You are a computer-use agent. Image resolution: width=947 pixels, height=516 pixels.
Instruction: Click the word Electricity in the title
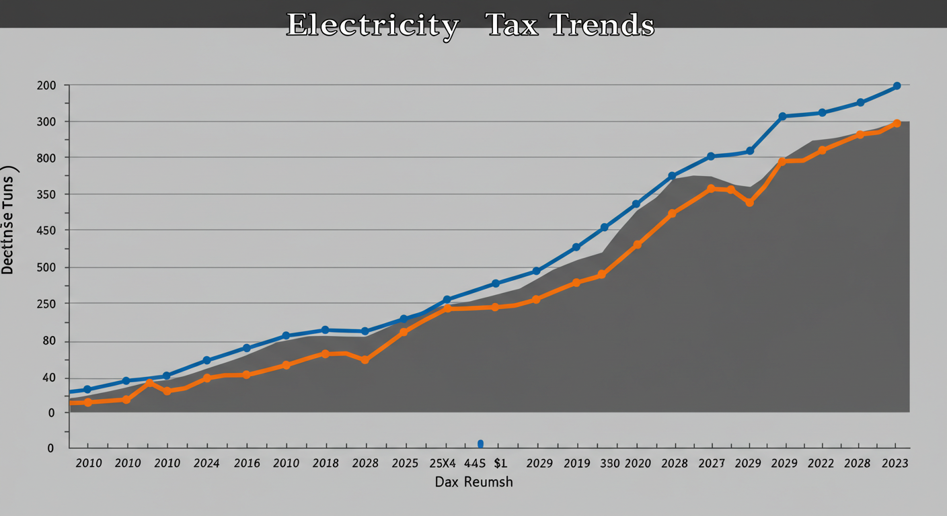tap(373, 26)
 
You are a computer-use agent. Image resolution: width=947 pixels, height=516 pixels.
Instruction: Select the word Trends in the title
tap(603, 26)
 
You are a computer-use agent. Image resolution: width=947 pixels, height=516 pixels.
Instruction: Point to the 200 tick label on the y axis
tap(47, 85)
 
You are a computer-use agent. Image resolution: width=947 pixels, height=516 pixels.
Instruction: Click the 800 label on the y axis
tap(47, 158)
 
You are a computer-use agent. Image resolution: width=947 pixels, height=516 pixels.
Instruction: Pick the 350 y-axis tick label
tap(47, 195)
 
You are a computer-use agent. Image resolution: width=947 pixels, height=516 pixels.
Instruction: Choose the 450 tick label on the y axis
tap(47, 230)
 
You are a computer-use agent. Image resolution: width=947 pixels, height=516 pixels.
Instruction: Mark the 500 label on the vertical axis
tap(47, 267)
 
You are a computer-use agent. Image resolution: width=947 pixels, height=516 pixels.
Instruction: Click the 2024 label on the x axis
tap(206, 464)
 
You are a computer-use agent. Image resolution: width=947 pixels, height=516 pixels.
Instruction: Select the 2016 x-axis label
tap(246, 464)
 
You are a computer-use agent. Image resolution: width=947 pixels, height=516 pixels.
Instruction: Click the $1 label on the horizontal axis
tap(500, 464)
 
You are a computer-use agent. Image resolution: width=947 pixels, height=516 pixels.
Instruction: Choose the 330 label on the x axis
tap(610, 464)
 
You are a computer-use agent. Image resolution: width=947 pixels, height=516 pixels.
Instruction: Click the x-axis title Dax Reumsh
tap(473, 482)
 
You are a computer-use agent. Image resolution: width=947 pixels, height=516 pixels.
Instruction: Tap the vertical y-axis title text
tap(8, 222)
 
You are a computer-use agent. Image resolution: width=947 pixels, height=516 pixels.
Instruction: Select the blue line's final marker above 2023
tap(897, 86)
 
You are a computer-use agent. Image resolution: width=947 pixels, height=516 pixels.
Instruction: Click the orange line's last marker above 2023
tap(897, 124)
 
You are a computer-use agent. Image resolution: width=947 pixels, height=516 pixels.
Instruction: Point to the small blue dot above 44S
tap(480, 443)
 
